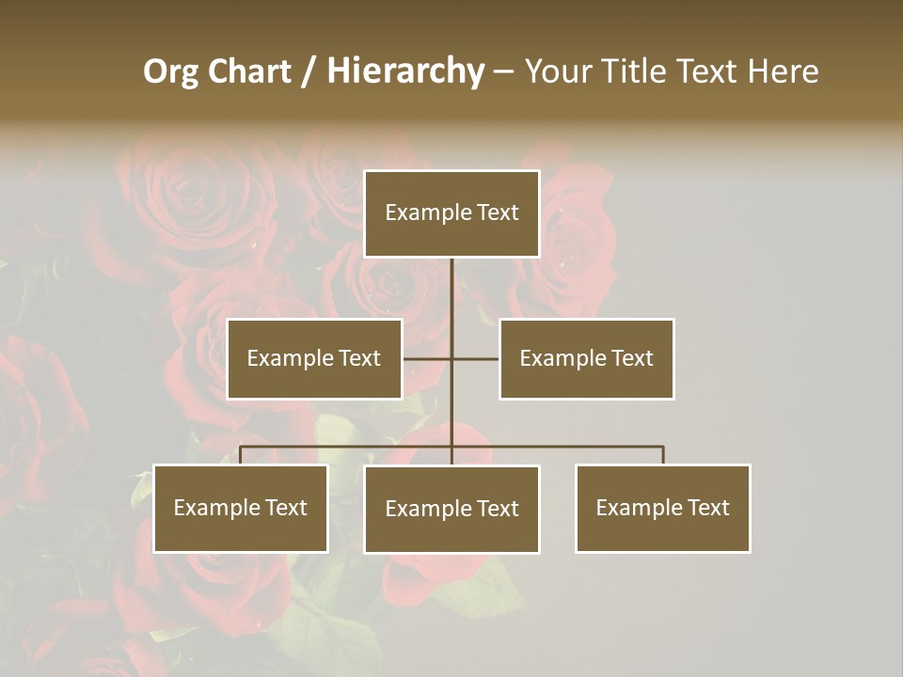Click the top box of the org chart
pos(451,213)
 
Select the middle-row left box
pos(314,358)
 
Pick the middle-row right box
pos(586,358)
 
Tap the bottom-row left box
pos(240,508)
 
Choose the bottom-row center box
pos(451,509)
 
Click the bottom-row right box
pos(662,508)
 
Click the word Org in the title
pos(170,71)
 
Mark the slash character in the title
pos(308,71)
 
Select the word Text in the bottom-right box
pos(708,508)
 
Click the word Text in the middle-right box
pos(632,358)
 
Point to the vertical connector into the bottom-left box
pos(240,455)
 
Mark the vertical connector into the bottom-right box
pos(663,455)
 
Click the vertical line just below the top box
pos(451,282)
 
